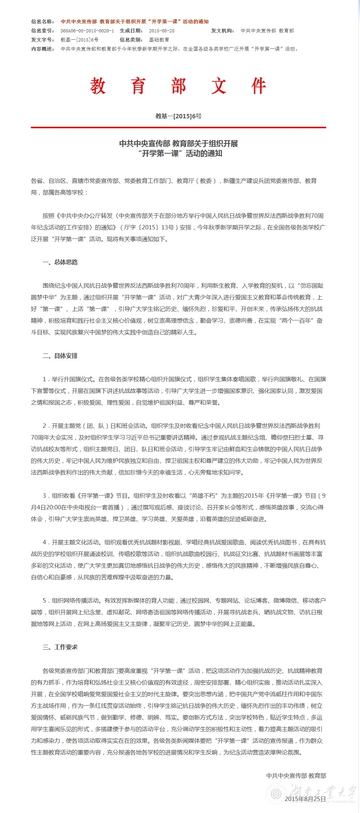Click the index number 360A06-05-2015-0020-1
(x=87, y=31)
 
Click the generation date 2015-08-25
(x=162, y=31)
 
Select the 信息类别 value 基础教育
(x=159, y=40)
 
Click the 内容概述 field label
(x=43, y=49)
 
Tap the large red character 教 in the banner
(x=98, y=86)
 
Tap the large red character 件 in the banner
(x=258, y=86)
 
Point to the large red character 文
(x=218, y=86)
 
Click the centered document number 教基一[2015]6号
(x=178, y=116)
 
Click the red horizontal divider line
(x=178, y=127)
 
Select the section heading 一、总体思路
(x=60, y=262)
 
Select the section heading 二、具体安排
(x=60, y=356)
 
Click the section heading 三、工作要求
(x=60, y=647)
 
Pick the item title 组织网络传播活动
(x=75, y=600)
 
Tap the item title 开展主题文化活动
(x=75, y=542)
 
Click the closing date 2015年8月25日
(x=305, y=799)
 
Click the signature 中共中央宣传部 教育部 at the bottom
(x=296, y=775)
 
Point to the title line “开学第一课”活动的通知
(x=180, y=154)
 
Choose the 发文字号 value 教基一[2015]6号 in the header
(x=79, y=40)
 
